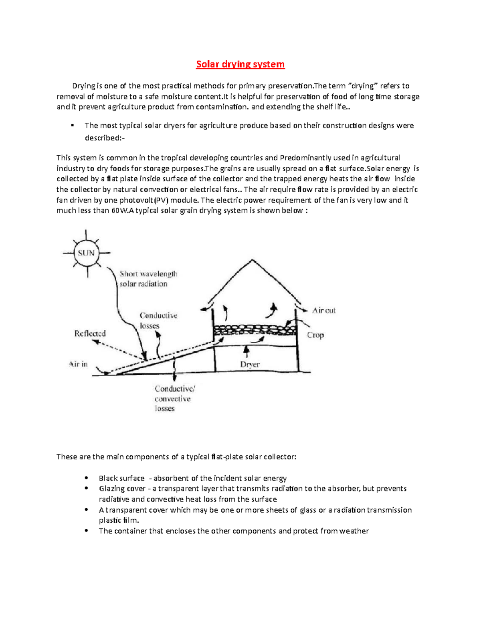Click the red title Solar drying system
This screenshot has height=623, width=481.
(240, 64)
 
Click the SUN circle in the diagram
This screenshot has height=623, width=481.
(86, 253)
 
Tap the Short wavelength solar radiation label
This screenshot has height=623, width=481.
(148, 279)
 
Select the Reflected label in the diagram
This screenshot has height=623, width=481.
(90, 333)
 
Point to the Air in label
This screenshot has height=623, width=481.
(78, 364)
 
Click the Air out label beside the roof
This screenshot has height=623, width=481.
(324, 310)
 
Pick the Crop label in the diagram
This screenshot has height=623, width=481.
(315, 335)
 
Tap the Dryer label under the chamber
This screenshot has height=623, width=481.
(250, 364)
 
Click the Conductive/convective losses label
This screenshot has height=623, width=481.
(174, 398)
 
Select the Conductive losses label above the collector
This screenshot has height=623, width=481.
(158, 321)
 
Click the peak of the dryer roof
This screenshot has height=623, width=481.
(252, 260)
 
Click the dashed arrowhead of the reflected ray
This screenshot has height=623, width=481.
(95, 342)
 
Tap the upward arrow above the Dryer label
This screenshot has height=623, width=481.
(247, 351)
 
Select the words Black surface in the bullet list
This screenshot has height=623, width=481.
(121, 478)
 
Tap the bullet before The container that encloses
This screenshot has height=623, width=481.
(86, 530)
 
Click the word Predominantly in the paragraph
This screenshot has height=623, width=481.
(305, 158)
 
